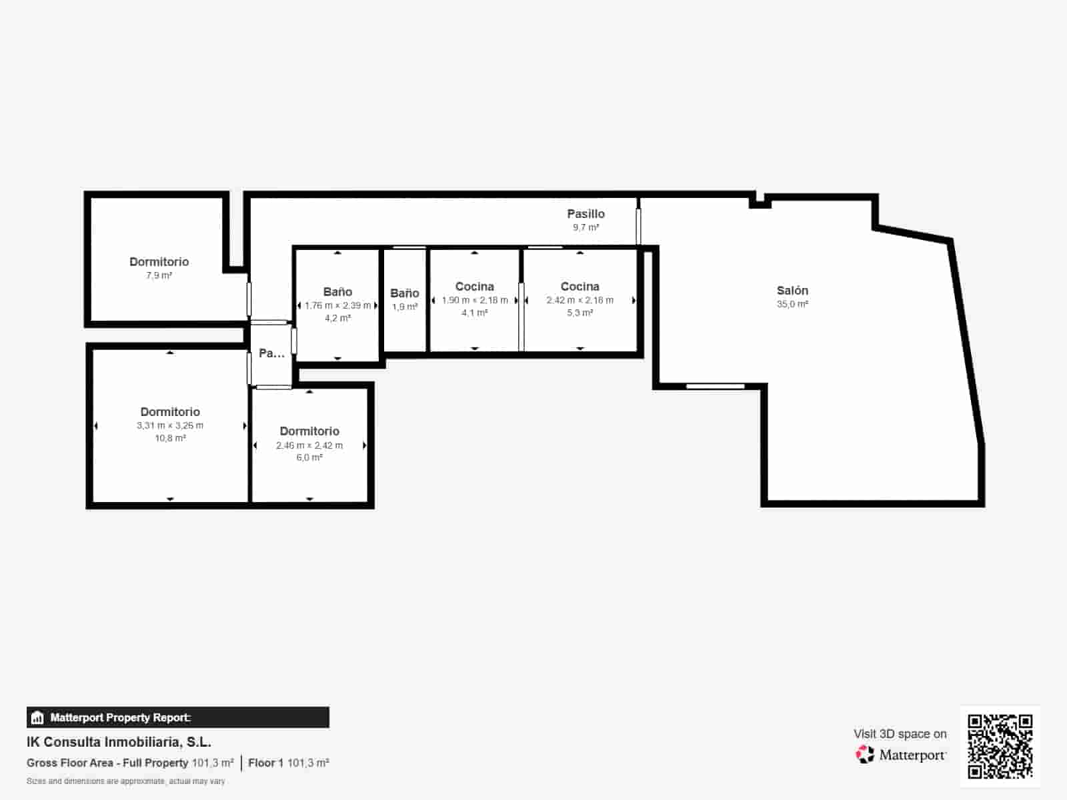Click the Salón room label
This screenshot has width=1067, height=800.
[x=792, y=291]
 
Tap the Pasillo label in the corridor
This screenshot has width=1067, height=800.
[x=586, y=214]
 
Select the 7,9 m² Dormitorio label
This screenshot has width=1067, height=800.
[x=159, y=262]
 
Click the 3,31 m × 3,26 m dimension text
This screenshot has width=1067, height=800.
[x=170, y=425]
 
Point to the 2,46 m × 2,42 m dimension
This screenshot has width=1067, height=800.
[x=309, y=445]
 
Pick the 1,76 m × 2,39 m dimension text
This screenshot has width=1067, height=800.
[x=337, y=305]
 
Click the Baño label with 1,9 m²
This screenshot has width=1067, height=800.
[x=404, y=293]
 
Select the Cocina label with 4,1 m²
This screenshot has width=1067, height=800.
[x=474, y=287]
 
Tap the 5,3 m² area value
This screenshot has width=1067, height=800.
[x=580, y=313]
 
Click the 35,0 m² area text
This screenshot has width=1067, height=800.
[x=792, y=304]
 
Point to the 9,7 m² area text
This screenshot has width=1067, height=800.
[x=586, y=227]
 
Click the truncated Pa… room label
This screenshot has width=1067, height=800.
[x=271, y=353]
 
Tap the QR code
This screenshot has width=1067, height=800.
[x=1000, y=746]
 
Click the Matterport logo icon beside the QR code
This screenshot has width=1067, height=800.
[x=865, y=755]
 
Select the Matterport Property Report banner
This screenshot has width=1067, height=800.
[x=177, y=717]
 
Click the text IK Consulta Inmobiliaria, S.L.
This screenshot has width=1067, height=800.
[x=119, y=742]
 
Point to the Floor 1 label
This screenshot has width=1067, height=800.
[x=265, y=763]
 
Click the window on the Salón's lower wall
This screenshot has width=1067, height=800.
[x=715, y=386]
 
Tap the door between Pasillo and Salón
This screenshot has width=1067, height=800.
[x=638, y=226]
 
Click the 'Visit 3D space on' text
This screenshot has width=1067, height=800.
[x=900, y=734]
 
